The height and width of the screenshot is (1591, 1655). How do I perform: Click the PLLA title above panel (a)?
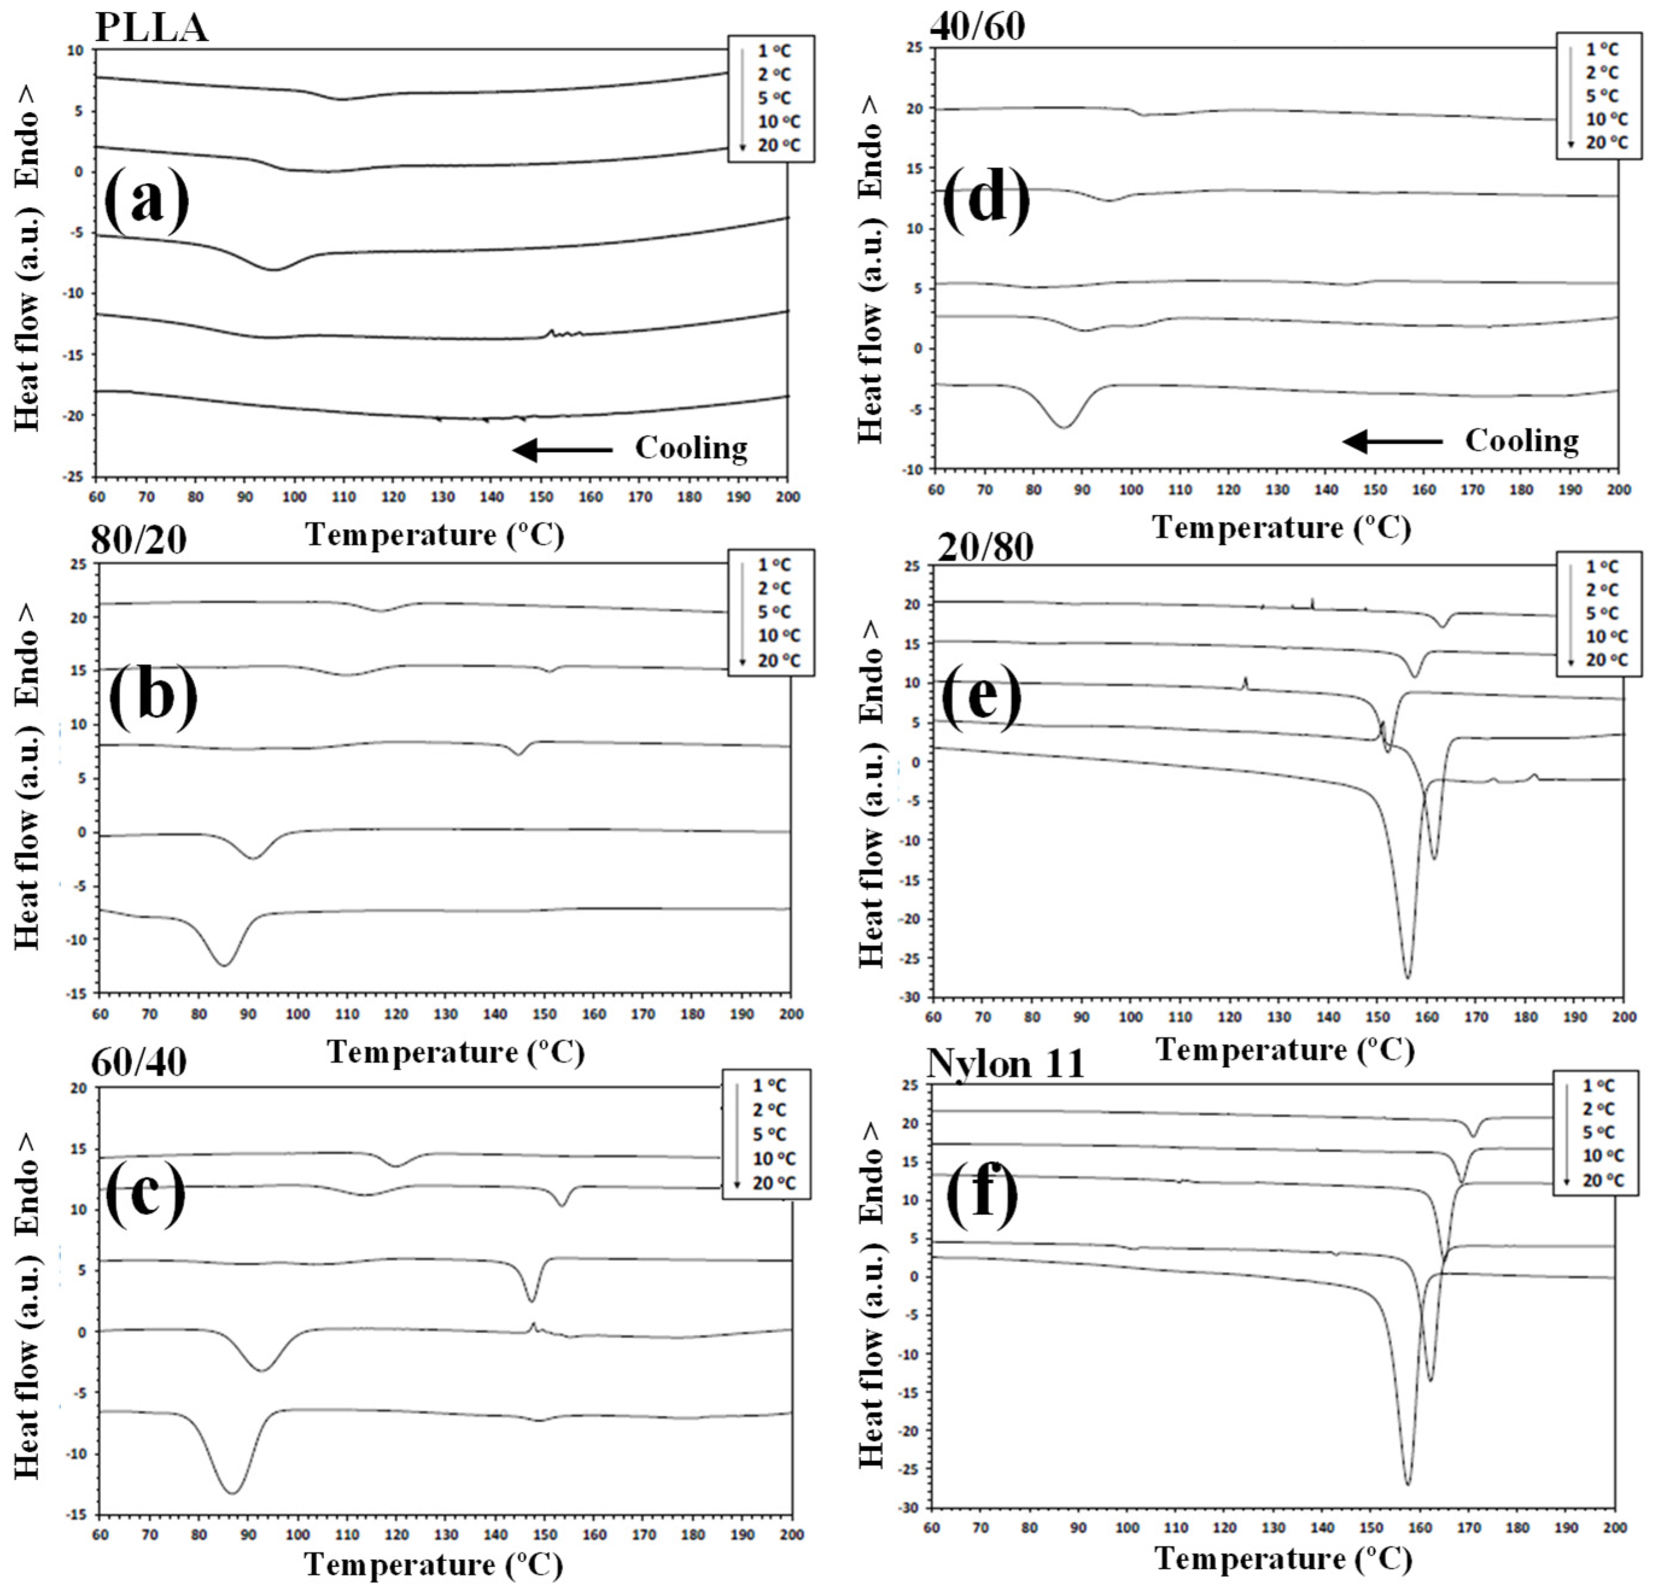[151, 27]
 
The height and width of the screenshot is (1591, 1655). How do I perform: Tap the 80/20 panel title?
[139, 540]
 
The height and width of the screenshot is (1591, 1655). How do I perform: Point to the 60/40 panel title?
[139, 1062]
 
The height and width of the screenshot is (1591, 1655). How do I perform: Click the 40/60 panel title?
[977, 25]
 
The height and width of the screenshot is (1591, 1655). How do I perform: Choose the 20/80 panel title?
[986, 547]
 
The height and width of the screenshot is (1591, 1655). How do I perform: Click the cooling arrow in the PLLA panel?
[562, 450]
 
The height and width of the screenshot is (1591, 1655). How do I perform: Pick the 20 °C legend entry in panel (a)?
[779, 145]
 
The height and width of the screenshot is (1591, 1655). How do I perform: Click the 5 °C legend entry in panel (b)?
[774, 612]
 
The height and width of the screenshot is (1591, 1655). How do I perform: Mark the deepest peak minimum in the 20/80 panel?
[1408, 977]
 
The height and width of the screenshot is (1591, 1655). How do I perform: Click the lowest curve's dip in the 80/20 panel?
[224, 965]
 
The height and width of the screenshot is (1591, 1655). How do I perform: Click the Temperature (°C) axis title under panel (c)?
[433, 1564]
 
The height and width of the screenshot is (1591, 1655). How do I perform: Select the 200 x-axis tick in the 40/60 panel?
[1618, 490]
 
